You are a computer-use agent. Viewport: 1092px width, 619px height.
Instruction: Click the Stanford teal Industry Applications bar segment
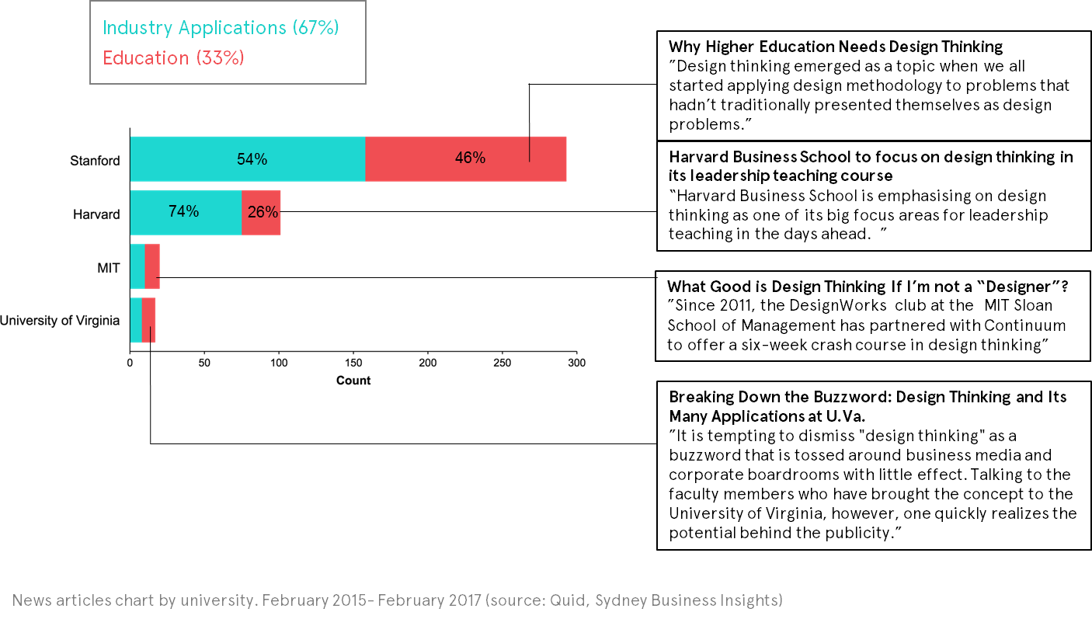tap(194, 159)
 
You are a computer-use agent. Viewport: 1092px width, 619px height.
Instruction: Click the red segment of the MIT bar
tap(152, 266)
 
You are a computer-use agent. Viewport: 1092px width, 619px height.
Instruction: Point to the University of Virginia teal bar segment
tap(136, 320)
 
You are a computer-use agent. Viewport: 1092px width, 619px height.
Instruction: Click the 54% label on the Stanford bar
tap(252, 159)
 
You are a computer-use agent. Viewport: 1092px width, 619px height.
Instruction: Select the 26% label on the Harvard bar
tap(263, 211)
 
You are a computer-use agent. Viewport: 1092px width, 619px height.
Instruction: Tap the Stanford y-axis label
tap(95, 162)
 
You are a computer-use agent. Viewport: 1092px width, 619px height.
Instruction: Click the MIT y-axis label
tap(108, 268)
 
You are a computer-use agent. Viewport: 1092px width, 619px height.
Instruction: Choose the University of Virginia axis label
tap(59, 320)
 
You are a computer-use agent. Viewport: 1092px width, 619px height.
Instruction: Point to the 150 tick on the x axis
tap(353, 363)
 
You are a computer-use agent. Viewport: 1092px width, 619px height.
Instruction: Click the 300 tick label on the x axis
tap(576, 363)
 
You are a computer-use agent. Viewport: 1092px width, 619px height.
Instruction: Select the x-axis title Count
tap(353, 381)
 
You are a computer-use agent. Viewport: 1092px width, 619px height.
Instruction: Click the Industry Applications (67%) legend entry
tap(221, 28)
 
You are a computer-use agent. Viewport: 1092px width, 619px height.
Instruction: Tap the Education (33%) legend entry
tap(174, 57)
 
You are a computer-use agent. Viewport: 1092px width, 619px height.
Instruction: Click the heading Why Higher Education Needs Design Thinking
tap(836, 47)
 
